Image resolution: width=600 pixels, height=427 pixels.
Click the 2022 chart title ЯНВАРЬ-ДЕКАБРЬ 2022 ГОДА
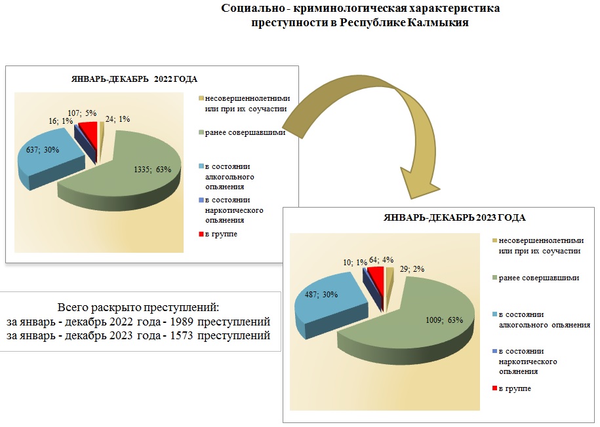coord(134,79)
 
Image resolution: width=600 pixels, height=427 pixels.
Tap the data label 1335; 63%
coord(152,170)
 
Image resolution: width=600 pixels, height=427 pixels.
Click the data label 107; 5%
coord(82,113)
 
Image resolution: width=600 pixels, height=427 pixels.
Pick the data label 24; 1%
coord(118,119)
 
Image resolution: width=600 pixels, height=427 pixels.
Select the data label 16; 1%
coord(59,121)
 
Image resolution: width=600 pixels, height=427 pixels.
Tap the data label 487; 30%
coord(323,295)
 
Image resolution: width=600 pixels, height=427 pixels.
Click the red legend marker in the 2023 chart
coord(494,389)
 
